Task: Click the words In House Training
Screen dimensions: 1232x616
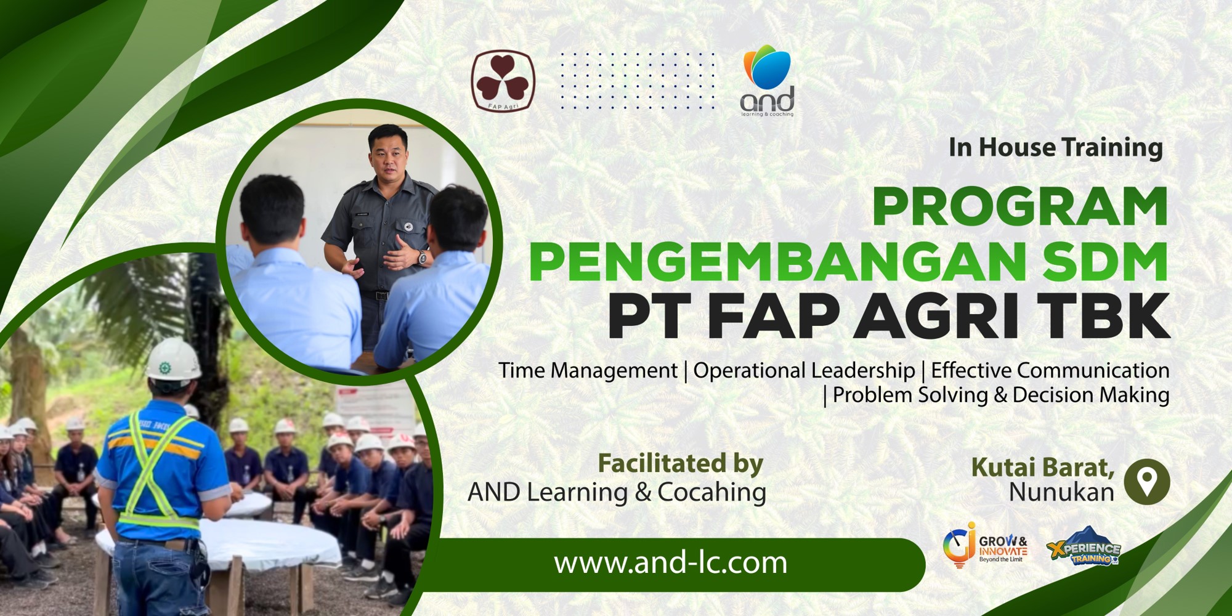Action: point(1056,148)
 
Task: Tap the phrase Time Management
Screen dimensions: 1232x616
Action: point(588,370)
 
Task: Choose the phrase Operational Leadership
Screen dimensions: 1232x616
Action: point(804,370)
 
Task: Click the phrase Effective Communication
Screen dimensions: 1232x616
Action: point(1050,370)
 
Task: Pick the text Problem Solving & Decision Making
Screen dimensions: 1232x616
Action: point(1001,395)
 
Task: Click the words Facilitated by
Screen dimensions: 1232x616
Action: point(681,463)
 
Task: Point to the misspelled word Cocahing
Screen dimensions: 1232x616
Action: point(712,492)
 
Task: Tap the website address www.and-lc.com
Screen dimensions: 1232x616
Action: point(671,563)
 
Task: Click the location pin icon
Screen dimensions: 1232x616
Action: point(1146,482)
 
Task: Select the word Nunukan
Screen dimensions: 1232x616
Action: point(1061,492)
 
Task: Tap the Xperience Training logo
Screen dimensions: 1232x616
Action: point(1084,546)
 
